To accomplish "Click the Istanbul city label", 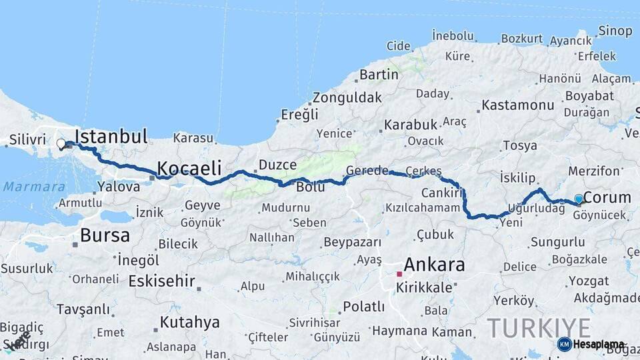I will pos(111,137).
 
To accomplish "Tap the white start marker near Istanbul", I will pos(61,143).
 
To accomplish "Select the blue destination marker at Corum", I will pos(578,198).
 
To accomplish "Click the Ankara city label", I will pos(434,265).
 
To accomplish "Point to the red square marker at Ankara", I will pos(399,273).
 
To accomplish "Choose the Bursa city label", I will pos(105,235).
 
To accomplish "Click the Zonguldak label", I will pos(347,97).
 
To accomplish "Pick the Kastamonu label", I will pos(518,105).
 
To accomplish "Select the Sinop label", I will pos(615,31).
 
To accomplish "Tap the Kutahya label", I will pos(189,323).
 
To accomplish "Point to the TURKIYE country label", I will pos(538,328).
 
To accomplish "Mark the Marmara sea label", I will pos(34,187).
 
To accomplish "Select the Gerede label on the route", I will pos(367,171).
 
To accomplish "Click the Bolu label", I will pos(311,187).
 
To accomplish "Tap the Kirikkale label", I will pos(423,287).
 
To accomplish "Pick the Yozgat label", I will pos(588,281).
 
